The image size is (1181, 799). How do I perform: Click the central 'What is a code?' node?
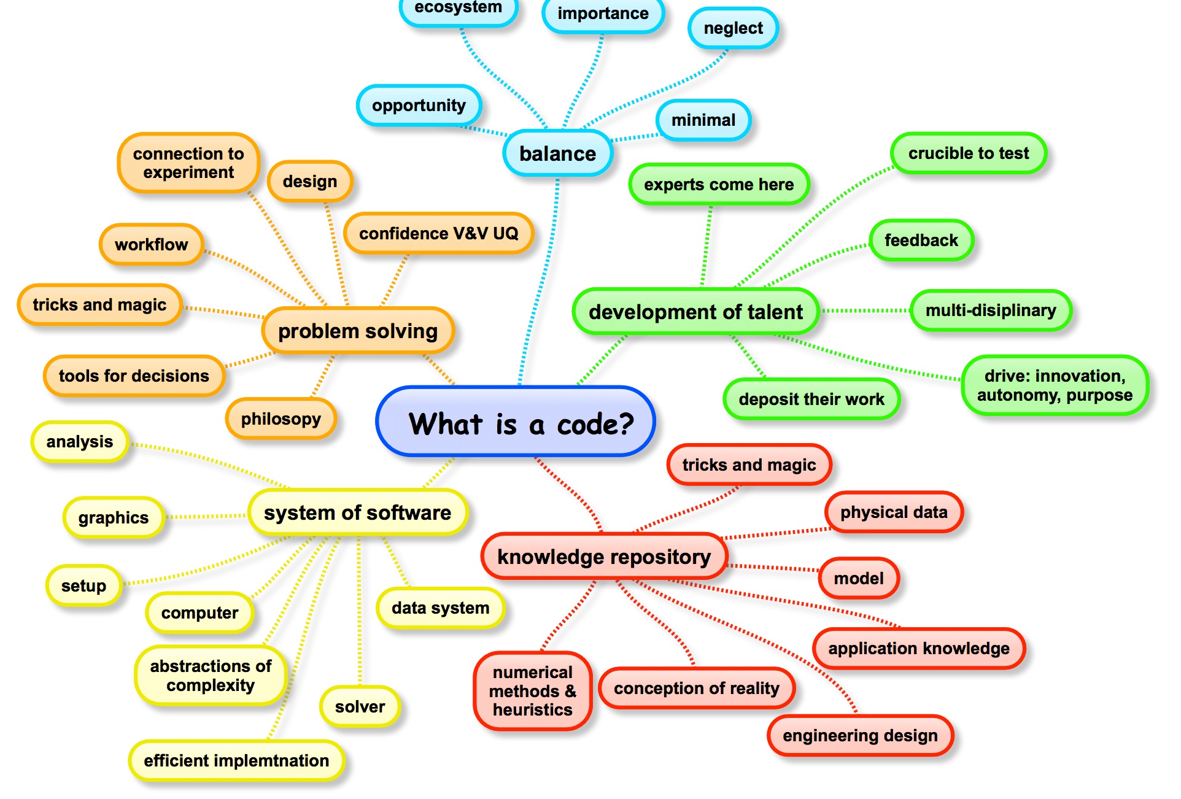[516, 422]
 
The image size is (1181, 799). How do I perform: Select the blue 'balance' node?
[557, 153]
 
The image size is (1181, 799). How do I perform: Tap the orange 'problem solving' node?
[358, 331]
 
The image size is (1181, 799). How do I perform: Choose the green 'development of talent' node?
[695, 312]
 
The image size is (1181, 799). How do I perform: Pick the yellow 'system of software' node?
[357, 512]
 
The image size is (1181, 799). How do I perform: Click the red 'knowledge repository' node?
[604, 557]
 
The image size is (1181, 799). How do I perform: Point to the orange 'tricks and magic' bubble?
[99, 304]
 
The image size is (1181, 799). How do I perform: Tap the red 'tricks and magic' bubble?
[749, 465]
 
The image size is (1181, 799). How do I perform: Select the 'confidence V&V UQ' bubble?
[438, 233]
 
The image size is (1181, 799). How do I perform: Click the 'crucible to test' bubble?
[969, 153]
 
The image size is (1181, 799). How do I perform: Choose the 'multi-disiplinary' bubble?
[991, 311]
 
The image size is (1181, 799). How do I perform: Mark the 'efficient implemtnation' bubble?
[236, 760]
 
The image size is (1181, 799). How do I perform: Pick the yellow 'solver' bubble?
[360, 706]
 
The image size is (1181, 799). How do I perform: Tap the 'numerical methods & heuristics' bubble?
[532, 691]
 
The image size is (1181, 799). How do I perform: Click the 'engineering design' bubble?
[860, 735]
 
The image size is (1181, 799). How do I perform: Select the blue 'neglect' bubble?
[733, 28]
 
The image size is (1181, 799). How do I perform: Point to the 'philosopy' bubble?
[281, 419]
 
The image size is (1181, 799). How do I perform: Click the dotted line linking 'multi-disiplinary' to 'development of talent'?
[865, 311]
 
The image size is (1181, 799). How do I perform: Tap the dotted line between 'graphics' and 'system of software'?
[206, 516]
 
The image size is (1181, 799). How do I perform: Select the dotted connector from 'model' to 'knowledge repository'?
[773, 568]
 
